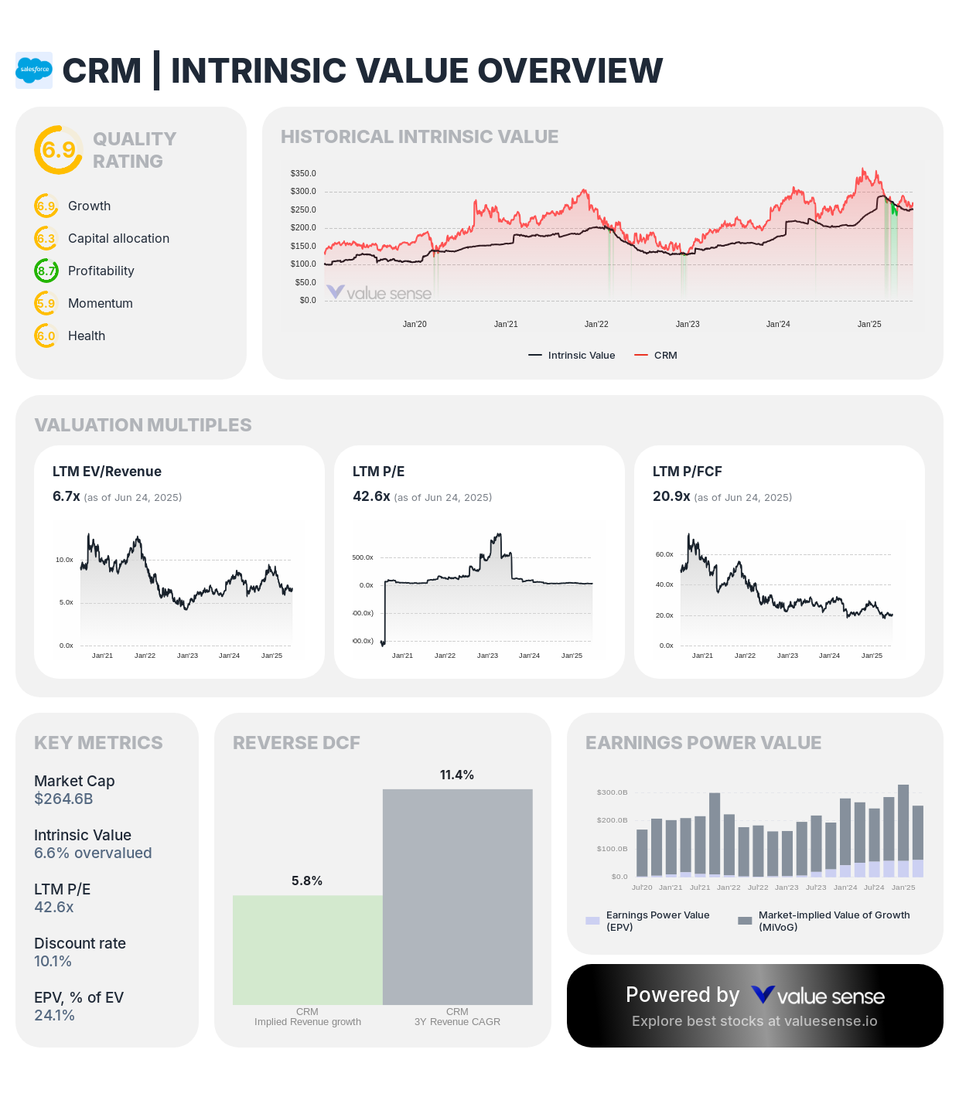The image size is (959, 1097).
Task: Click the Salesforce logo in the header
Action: click(x=34, y=70)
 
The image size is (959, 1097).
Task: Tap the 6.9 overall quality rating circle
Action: click(x=58, y=149)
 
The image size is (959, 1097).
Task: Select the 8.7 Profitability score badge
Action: click(x=46, y=271)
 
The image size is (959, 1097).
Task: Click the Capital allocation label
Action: click(x=118, y=238)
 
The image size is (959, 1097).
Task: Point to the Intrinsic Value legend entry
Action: click(x=572, y=356)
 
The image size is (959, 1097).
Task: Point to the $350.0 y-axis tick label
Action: click(x=303, y=173)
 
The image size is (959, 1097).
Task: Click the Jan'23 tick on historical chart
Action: click(x=688, y=324)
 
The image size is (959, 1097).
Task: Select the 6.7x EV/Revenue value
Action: click(x=67, y=496)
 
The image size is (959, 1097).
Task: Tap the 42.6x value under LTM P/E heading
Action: click(x=371, y=496)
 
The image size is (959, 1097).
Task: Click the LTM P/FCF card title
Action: click(x=687, y=472)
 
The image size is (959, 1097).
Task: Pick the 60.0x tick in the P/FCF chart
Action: click(x=664, y=554)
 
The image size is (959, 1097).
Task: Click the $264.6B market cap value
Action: click(x=63, y=799)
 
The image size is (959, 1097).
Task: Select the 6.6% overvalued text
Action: click(x=93, y=853)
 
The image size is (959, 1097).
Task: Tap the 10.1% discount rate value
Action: click(x=53, y=961)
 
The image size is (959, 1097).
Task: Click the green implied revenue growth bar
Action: click(x=308, y=950)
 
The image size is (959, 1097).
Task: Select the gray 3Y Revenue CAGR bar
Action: click(x=458, y=897)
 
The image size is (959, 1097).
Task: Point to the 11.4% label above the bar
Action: click(x=457, y=775)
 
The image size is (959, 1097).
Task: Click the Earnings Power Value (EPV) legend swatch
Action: click(x=592, y=921)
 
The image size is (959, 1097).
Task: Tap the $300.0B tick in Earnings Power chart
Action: click(x=612, y=792)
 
